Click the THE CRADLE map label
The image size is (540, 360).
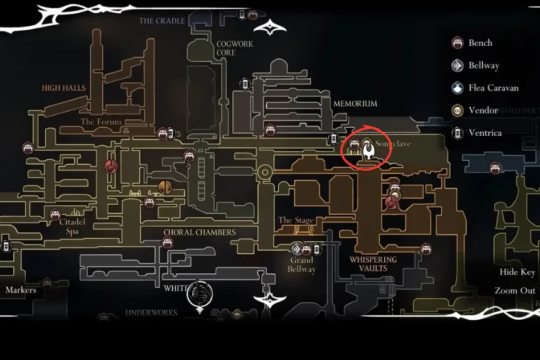[162, 21]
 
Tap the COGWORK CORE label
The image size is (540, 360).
[226, 48]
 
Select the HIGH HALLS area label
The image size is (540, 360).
[63, 88]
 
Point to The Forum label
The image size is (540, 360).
[100, 122]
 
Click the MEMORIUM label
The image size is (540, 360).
[355, 104]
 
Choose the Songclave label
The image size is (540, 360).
[393, 144]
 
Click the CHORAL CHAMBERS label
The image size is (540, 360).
[200, 232]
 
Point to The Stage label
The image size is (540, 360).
[296, 221]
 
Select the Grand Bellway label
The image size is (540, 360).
[301, 265]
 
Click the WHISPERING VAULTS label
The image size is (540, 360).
[373, 264]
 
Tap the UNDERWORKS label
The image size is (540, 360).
[151, 312]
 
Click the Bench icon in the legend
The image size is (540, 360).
[458, 43]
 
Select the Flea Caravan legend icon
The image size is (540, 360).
[458, 88]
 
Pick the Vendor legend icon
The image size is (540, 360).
[458, 111]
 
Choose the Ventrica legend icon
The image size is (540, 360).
[458, 133]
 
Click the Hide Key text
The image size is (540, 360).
[517, 272]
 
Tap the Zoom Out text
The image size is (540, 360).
[515, 290]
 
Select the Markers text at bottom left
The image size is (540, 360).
[21, 290]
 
